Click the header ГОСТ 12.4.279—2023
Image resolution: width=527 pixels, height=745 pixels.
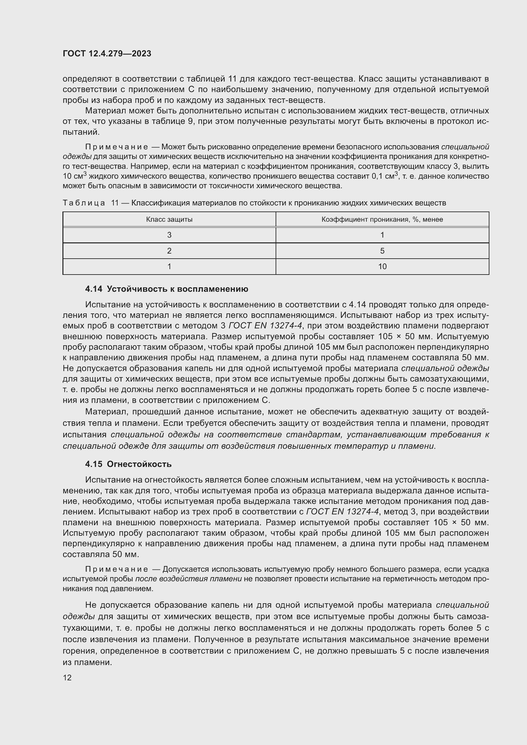click(107, 54)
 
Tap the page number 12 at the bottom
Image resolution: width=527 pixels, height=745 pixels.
click(67, 677)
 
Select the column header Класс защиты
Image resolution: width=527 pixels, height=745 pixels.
click(169, 219)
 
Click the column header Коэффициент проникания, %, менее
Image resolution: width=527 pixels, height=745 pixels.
click(382, 219)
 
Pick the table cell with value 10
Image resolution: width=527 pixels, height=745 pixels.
click(382, 266)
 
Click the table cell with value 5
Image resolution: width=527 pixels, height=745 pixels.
click(382, 251)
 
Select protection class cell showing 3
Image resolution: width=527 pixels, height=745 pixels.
click(169, 235)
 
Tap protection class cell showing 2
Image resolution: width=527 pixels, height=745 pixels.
click(169, 251)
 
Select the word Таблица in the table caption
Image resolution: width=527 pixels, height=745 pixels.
click(84, 203)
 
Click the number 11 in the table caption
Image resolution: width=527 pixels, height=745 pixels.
click(115, 203)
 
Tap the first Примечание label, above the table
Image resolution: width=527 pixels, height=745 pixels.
click(117, 147)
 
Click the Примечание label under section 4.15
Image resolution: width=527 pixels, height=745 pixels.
click(117, 569)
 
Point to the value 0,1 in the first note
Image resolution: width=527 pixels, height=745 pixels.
click(377, 176)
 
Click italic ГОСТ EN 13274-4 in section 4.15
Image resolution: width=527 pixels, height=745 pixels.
click(342, 512)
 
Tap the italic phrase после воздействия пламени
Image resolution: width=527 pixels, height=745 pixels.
click(188, 579)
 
